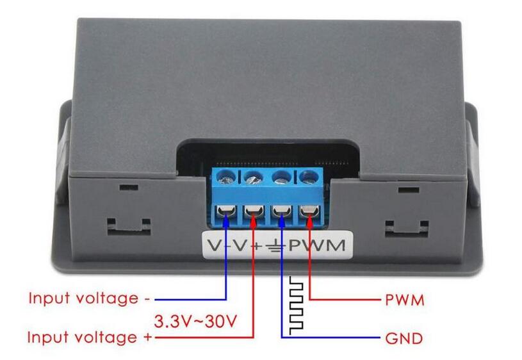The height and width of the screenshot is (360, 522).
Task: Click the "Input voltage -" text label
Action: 89,299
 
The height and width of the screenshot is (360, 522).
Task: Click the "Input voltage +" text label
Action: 90,338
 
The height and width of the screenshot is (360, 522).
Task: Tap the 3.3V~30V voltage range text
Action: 196,322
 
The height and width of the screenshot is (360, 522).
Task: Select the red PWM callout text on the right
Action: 405,300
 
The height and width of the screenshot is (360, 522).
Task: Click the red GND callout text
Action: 404,338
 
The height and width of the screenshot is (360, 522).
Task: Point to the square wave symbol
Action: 297,306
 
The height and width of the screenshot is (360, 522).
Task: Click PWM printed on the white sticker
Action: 316,245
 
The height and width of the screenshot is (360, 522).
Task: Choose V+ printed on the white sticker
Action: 247,245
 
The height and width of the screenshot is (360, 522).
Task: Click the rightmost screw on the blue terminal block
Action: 309,177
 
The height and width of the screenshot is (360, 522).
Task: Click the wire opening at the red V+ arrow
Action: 254,211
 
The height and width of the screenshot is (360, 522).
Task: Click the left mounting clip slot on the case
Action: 129,225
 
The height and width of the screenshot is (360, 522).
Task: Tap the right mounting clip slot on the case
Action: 407,229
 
